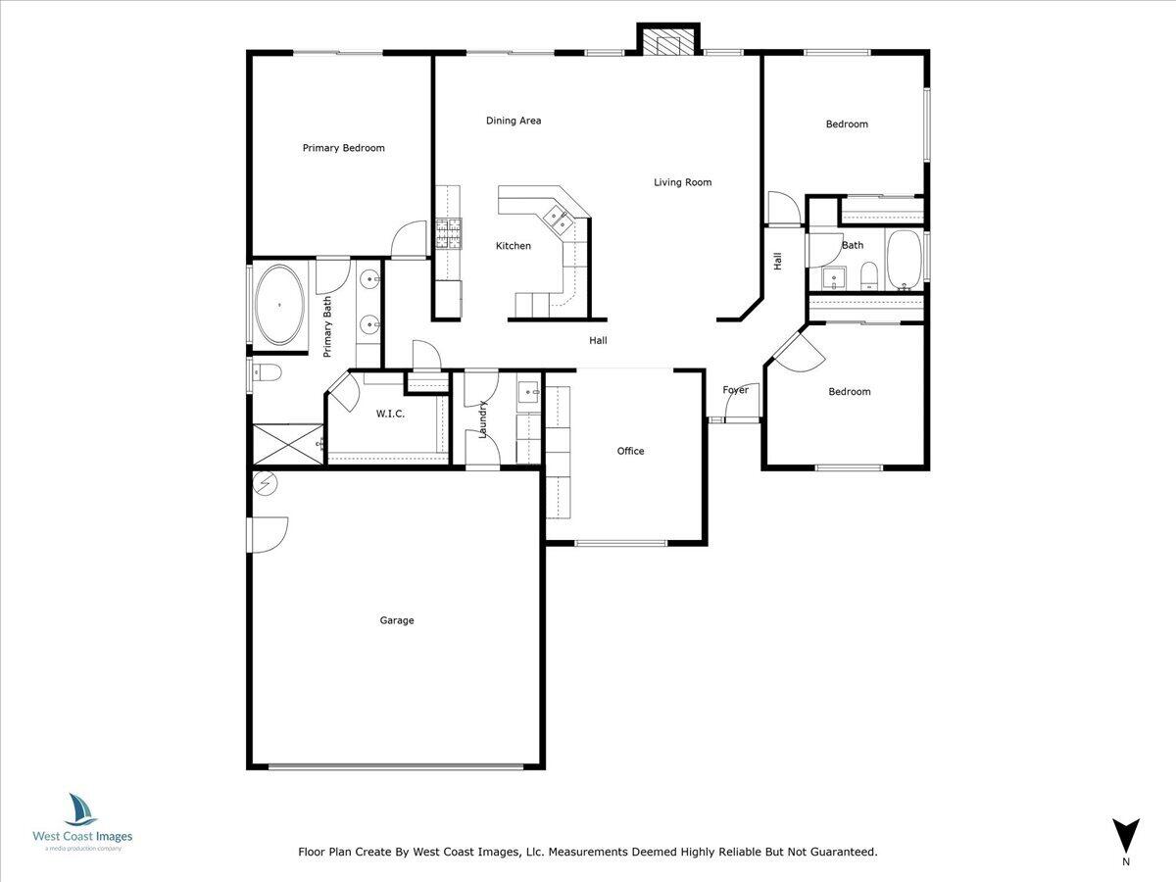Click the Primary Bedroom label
click(x=343, y=148)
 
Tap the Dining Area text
click(x=514, y=121)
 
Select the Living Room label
click(x=683, y=182)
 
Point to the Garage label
click(x=397, y=620)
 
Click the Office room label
click(x=630, y=451)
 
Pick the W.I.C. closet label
click(x=390, y=414)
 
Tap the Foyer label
click(x=736, y=390)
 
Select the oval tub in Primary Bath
click(x=280, y=305)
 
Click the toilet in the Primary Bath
click(x=267, y=372)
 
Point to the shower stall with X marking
click(x=288, y=444)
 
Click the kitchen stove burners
click(x=448, y=232)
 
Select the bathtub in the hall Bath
click(x=904, y=260)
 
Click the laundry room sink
click(x=529, y=393)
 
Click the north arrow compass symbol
click(x=1126, y=835)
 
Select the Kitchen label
click(x=513, y=246)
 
